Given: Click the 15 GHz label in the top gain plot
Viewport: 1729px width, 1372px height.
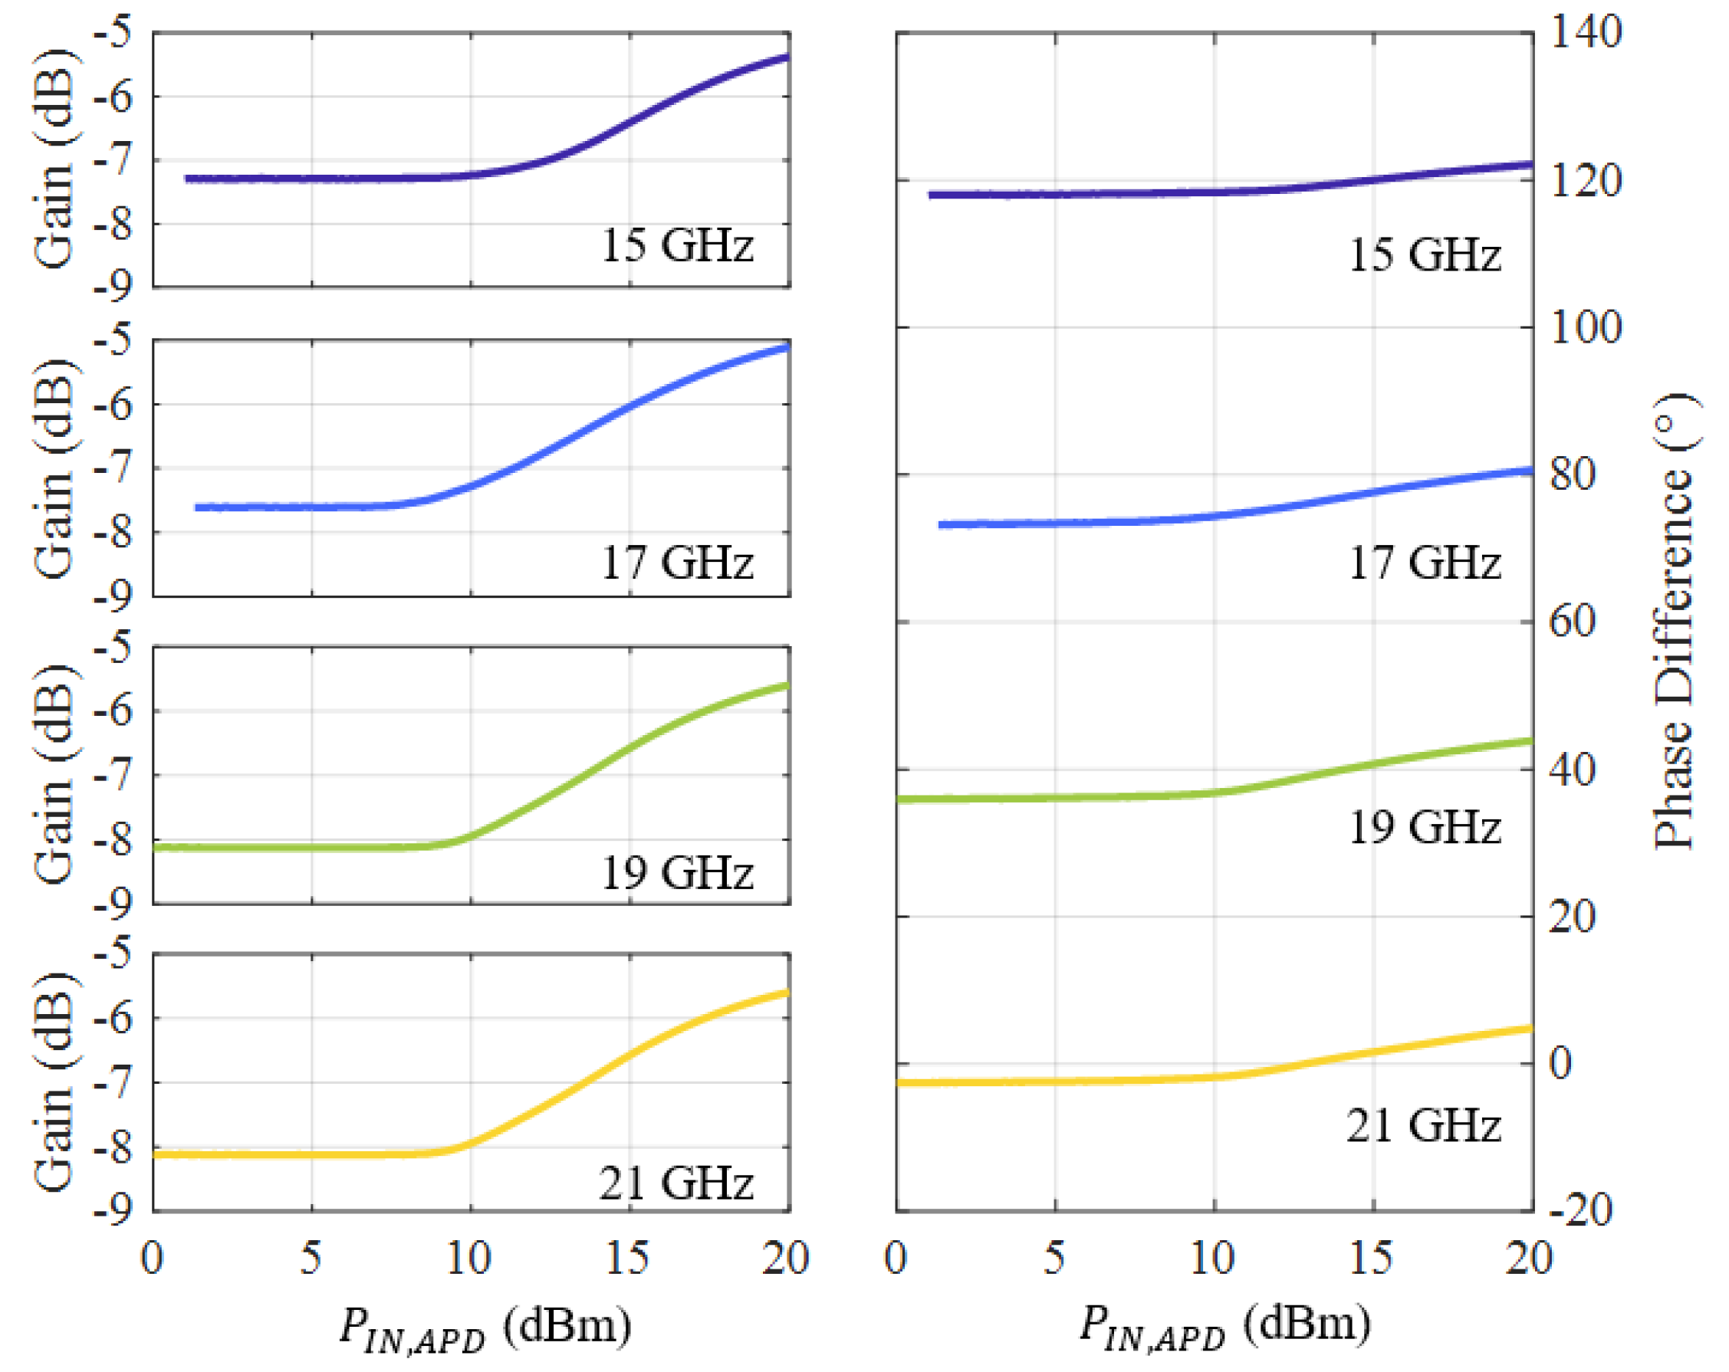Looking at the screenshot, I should pos(677,245).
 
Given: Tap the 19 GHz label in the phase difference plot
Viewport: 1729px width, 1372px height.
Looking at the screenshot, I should pos(1425,827).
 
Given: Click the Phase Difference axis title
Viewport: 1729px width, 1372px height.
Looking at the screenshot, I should pos(1675,622).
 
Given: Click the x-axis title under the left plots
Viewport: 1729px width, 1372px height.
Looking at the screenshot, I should pos(485,1326).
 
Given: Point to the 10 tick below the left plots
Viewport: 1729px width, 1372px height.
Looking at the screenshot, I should pos(469,1257).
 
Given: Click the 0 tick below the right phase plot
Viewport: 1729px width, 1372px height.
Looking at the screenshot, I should pos(896,1257).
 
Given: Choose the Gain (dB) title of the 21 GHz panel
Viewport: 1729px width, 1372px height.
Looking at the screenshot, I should pos(54,1082).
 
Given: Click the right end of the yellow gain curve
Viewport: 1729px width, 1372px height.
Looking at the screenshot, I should pos(787,993).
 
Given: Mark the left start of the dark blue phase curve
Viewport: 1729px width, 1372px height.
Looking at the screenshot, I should pos(931,195).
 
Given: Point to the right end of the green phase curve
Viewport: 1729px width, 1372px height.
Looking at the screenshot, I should pos(1530,741).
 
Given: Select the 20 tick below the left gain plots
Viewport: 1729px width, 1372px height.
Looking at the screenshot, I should pos(785,1257).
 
